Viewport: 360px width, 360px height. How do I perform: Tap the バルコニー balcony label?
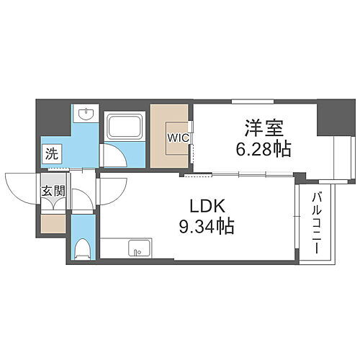[x=316, y=222]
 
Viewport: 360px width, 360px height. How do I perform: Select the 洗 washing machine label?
[x=52, y=153]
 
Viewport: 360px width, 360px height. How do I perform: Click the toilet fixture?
[x=83, y=247]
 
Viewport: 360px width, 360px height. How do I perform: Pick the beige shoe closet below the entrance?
[x=53, y=223]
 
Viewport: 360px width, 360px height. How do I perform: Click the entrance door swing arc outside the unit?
[x=22, y=187]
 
